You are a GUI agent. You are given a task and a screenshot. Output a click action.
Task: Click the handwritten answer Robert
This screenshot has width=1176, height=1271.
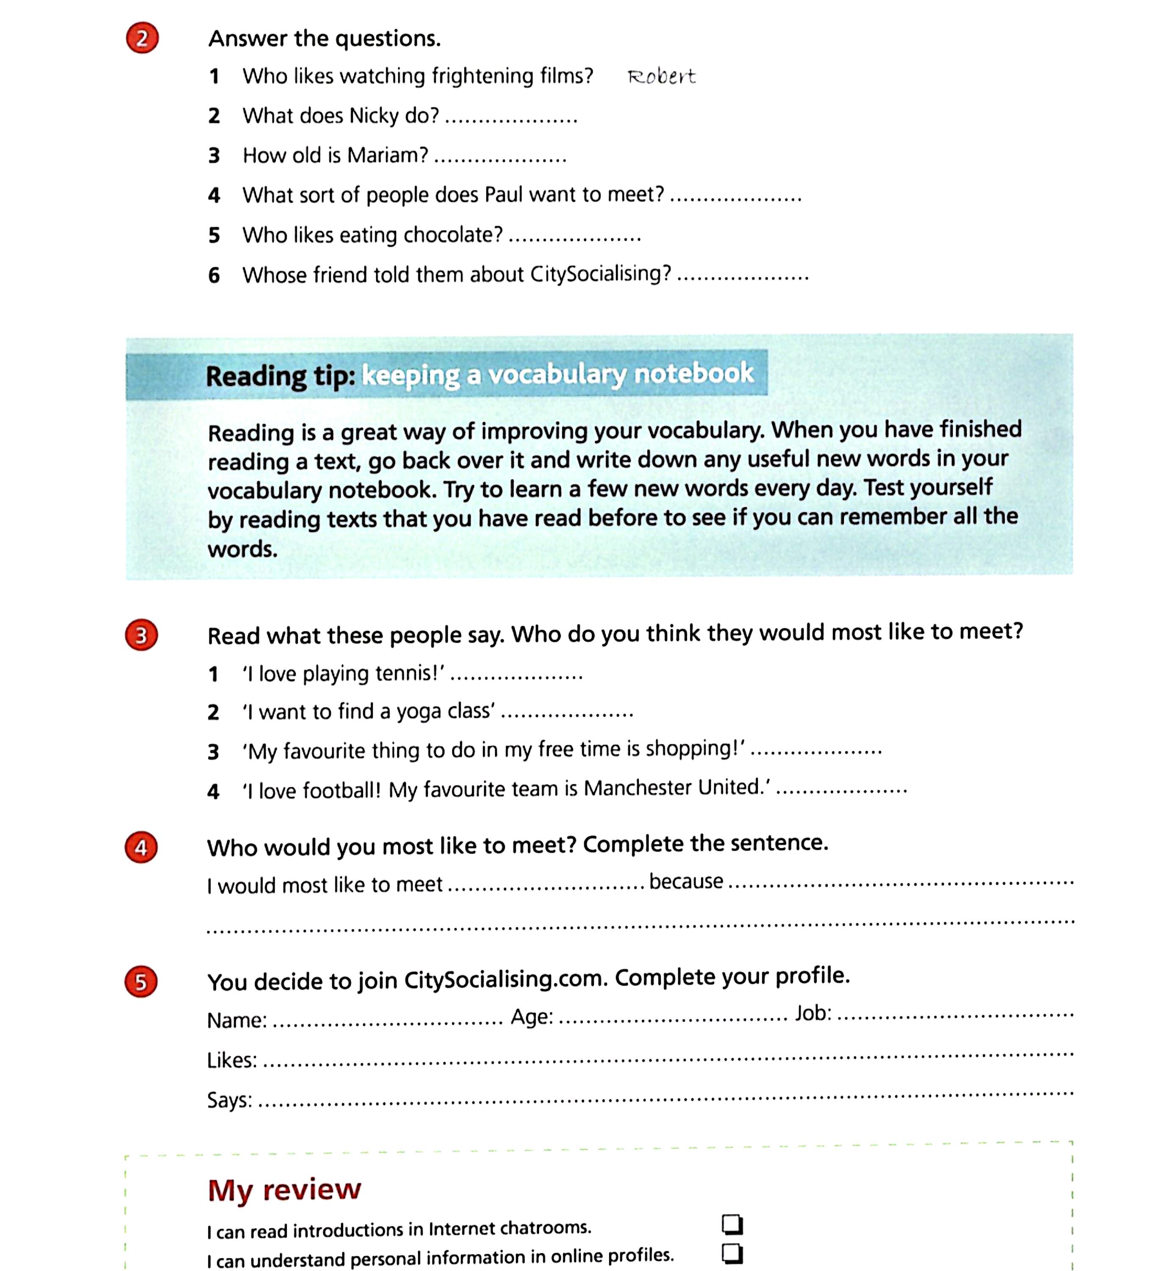point(661,77)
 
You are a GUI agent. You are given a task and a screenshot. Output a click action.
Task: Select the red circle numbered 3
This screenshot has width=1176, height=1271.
point(141,635)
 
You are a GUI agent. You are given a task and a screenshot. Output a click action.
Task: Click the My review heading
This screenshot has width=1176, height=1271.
point(284,1190)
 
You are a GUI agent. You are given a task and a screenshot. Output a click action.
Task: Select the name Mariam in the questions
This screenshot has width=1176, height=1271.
point(388,155)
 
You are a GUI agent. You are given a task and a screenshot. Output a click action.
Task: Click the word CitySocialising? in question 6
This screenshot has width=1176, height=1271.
point(600,274)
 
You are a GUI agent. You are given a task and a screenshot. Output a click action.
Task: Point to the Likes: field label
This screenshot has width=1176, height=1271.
point(232,1060)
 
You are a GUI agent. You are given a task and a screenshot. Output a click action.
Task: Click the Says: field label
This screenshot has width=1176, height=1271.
point(229,1100)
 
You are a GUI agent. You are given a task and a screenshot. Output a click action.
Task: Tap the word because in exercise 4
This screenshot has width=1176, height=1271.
point(686,882)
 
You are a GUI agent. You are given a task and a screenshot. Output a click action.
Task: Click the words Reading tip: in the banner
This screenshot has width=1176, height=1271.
point(280,375)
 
